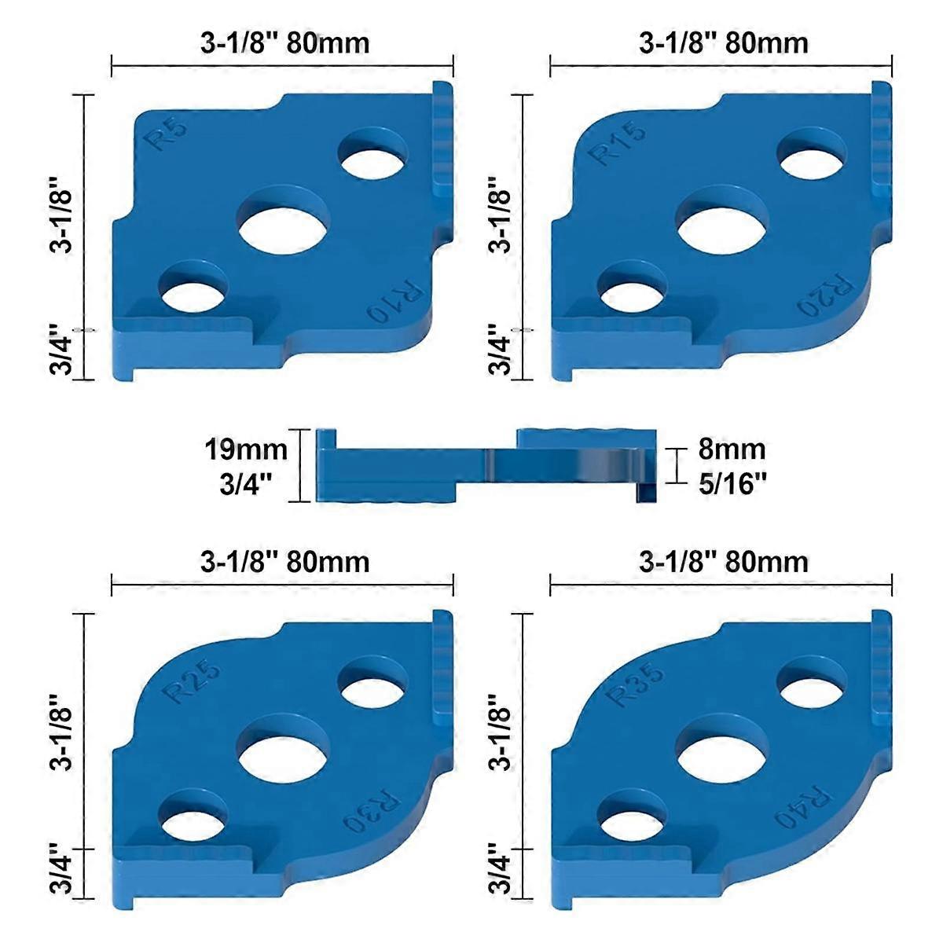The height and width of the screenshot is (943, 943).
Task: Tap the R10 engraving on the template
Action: pyautogui.click(x=397, y=303)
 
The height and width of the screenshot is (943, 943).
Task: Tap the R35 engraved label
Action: pyautogui.click(x=636, y=684)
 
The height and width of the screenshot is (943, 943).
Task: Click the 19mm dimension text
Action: pyautogui.click(x=245, y=451)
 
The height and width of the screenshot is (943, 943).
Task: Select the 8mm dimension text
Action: pyautogui.click(x=732, y=449)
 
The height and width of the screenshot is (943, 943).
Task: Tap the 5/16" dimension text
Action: pyautogui.click(x=732, y=483)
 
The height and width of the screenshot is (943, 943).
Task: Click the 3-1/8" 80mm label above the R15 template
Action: pyautogui.click(x=723, y=42)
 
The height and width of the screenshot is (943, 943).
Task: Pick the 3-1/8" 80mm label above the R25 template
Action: pyautogui.click(x=284, y=562)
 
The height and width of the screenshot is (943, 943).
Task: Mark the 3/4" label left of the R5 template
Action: pyautogui.click(x=64, y=350)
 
